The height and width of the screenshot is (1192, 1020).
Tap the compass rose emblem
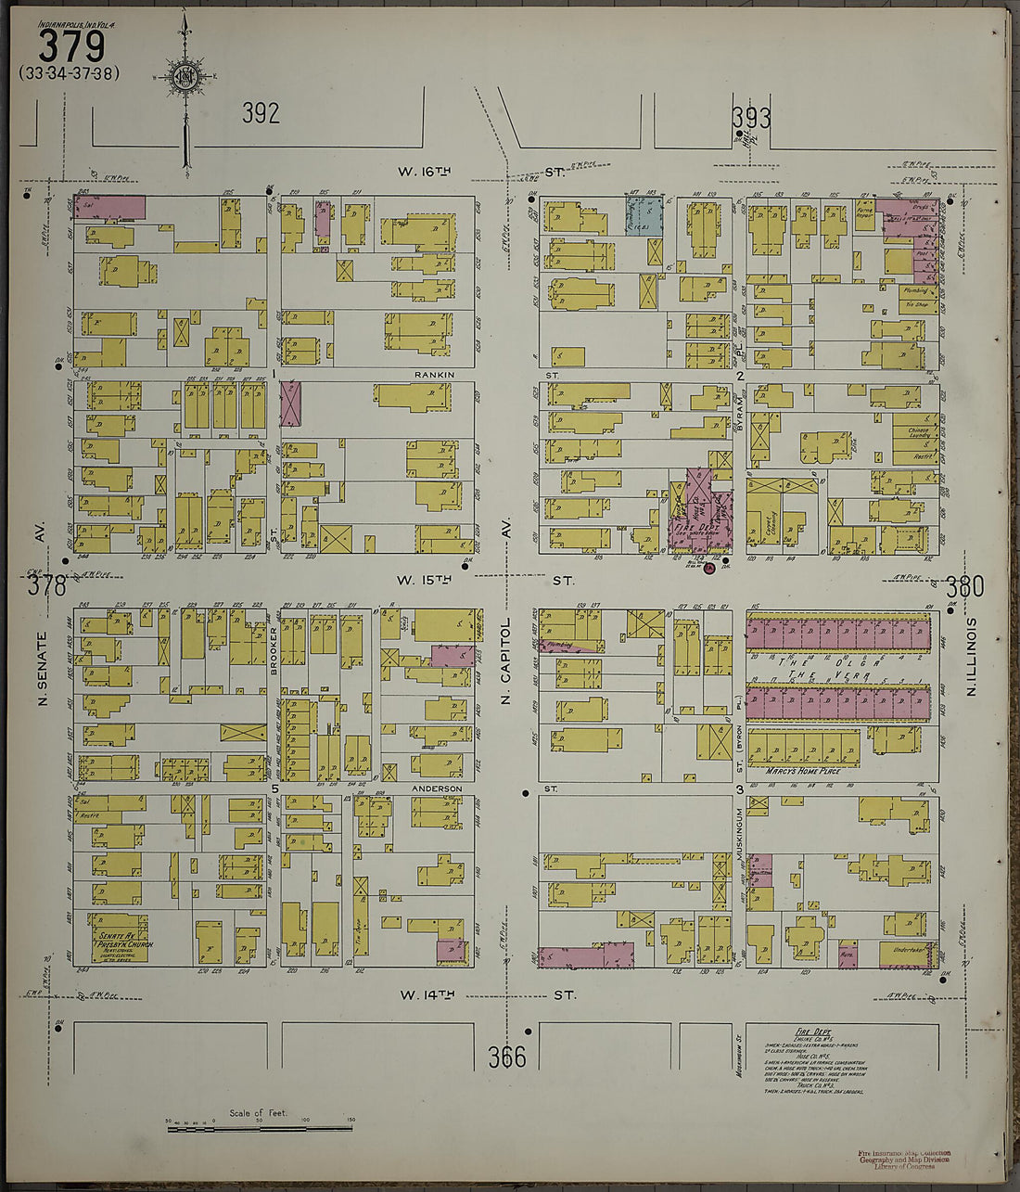coord(185,76)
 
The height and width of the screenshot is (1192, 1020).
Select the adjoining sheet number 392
coord(261,114)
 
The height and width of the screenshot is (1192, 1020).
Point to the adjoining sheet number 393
coord(750,118)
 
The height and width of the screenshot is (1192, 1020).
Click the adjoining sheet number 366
coord(507,1057)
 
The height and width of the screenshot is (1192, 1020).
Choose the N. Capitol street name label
coord(506,660)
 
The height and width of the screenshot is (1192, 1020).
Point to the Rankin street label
coord(433,376)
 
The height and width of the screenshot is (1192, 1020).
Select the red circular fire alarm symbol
coord(709,568)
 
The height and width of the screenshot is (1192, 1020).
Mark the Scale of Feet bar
coord(260,1127)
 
